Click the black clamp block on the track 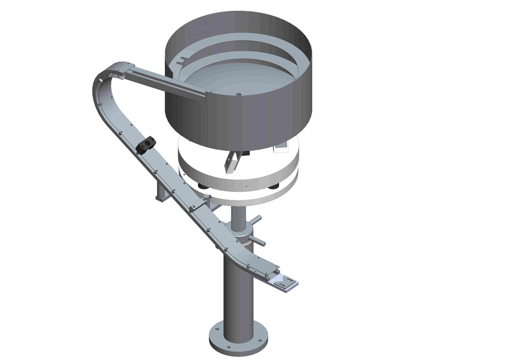(145, 145)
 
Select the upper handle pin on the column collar (255, 219)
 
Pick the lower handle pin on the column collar (258, 241)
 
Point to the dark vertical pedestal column (237, 292)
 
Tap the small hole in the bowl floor (239, 94)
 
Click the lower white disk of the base (247, 194)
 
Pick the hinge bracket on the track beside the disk (200, 202)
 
